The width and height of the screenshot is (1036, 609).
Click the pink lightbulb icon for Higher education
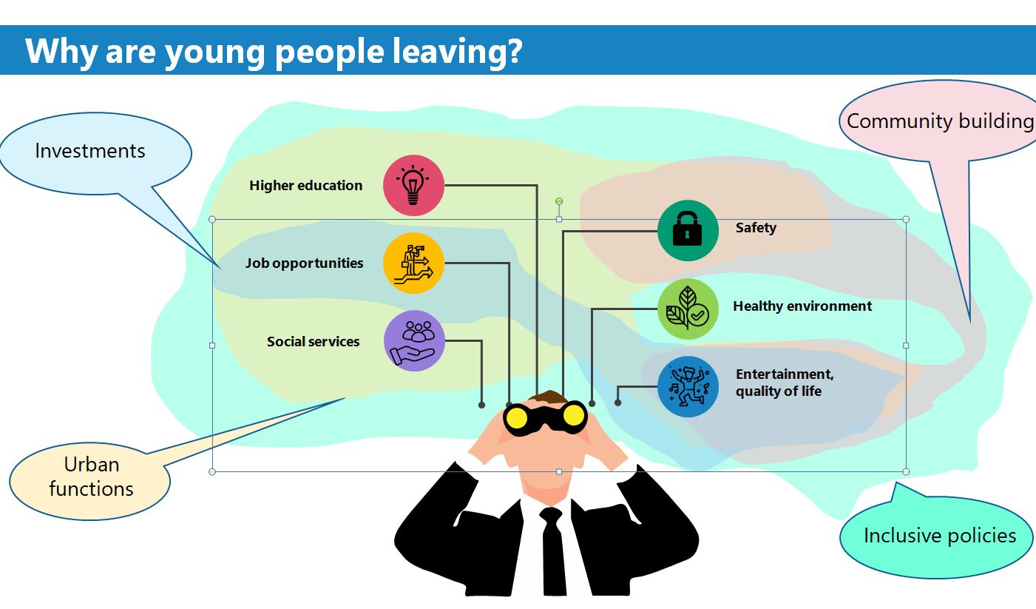[x=413, y=185]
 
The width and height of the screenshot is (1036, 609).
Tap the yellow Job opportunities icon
[x=413, y=263]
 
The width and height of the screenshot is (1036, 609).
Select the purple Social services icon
[x=414, y=340]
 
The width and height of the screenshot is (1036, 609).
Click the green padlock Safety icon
[x=688, y=230]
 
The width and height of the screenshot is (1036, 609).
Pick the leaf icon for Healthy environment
[x=688, y=309]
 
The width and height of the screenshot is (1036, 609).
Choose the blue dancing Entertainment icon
[x=688, y=386]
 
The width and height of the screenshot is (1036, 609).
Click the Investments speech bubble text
[x=90, y=151]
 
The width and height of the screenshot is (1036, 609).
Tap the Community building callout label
[x=940, y=121]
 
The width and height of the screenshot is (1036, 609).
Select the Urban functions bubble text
[x=92, y=477]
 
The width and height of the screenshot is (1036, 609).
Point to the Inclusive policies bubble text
[x=940, y=536]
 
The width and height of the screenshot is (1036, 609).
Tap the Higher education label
[x=305, y=186]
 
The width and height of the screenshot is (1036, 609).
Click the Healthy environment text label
[x=802, y=306]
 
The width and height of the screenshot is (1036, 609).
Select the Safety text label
[x=756, y=228]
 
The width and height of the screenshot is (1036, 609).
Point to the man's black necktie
[x=553, y=551]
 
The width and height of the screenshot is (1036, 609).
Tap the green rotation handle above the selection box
[x=559, y=201]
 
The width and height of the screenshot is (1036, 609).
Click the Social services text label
[x=313, y=342]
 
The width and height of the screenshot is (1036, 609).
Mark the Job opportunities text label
[x=304, y=263]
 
